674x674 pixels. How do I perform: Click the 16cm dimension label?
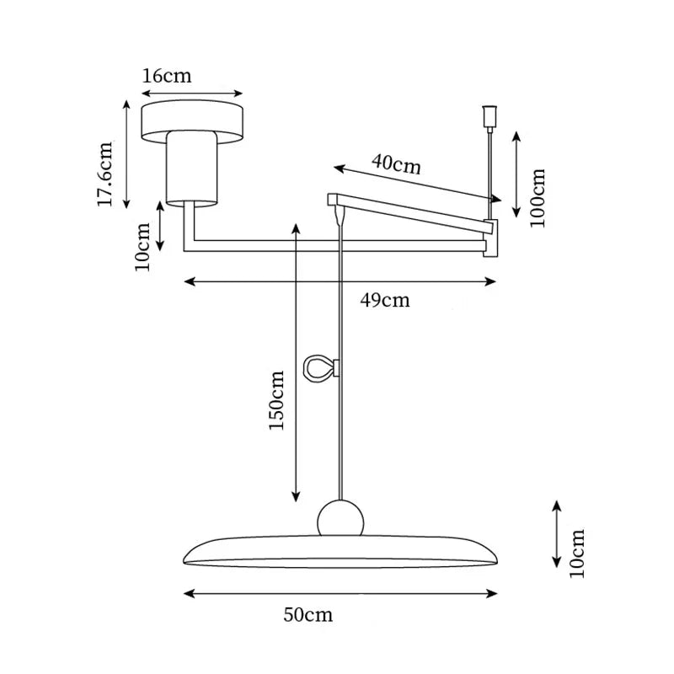pos(167,76)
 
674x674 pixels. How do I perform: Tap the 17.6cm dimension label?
pos(104,174)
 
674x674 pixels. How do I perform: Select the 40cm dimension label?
pos(396,163)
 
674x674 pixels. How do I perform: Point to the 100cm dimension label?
pos(538,198)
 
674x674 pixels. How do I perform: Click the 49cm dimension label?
pos(385,300)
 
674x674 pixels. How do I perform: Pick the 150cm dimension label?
pos(276,400)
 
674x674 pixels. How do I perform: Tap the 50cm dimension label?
pos(308,615)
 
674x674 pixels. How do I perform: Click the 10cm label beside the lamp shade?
pos(577,554)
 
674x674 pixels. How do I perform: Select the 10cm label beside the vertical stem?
pos(142,246)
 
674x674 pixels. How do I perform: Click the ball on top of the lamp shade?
pos(340,517)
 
